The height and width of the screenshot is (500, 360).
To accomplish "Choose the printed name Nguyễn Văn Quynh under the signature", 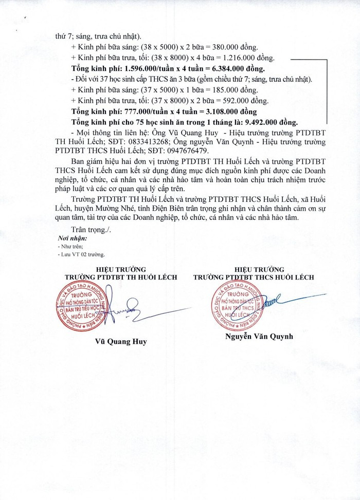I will [x=259, y=337].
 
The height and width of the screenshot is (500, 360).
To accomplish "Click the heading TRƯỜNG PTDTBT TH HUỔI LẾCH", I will [x=121, y=277].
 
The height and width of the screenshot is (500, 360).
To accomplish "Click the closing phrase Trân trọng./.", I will [x=91, y=230].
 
